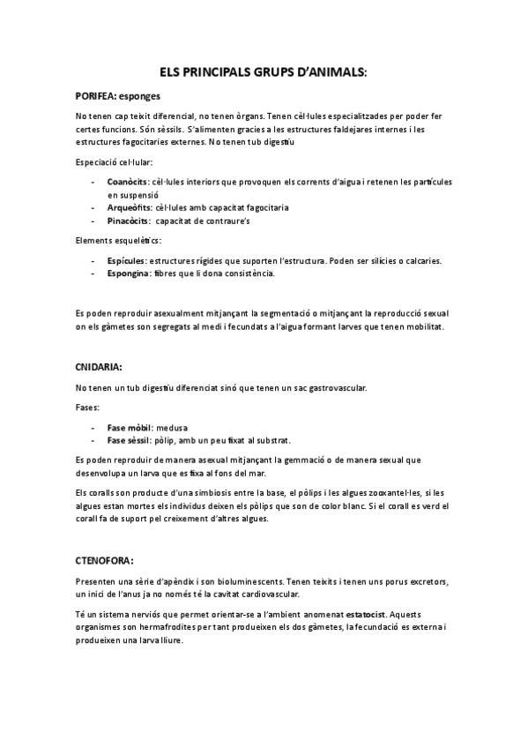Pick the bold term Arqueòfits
[128, 207]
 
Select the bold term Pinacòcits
[128, 221]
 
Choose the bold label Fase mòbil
[129, 427]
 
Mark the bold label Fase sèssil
[130, 440]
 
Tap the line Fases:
[88, 408]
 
